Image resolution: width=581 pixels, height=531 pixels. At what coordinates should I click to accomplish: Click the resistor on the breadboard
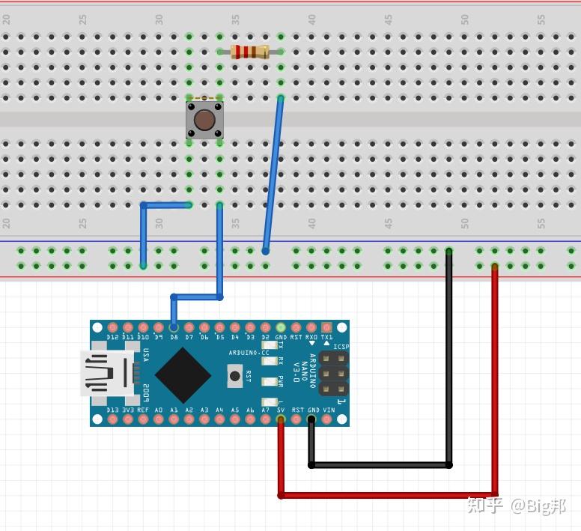tap(250, 52)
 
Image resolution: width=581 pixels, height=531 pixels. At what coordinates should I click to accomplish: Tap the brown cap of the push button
tap(204, 120)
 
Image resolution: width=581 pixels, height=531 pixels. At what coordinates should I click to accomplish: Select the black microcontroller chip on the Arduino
tap(183, 373)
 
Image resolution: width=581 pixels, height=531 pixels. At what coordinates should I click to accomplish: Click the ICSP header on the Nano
tap(333, 373)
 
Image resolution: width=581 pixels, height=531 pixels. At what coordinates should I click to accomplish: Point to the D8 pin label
tap(174, 338)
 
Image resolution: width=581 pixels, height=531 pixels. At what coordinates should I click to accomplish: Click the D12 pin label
tap(112, 338)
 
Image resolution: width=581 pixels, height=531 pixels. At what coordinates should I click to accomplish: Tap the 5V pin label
tap(281, 410)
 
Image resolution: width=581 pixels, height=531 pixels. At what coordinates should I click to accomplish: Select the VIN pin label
tap(328, 410)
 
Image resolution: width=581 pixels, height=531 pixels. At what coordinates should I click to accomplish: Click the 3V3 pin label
tap(128, 410)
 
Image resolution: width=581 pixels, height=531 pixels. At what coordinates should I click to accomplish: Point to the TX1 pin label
tap(326, 338)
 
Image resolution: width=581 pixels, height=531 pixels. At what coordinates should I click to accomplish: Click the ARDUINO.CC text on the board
tap(249, 352)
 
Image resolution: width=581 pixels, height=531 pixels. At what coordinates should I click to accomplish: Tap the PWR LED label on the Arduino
tap(280, 381)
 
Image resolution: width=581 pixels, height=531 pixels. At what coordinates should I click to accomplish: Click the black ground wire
tap(448, 359)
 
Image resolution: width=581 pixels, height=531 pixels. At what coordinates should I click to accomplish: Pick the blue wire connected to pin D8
tap(219, 255)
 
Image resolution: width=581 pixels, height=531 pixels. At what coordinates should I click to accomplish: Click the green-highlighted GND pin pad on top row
tap(281, 327)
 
